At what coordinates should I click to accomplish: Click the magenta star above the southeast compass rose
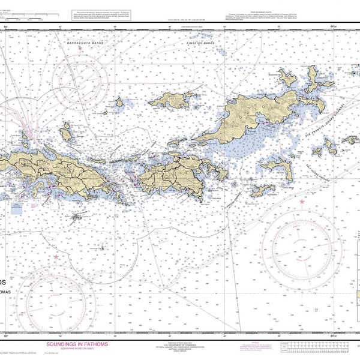pyautogui.click(x=302, y=202)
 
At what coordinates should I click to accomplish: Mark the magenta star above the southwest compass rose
pyautogui.click(x=56, y=257)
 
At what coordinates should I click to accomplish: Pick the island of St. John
pyautogui.click(x=180, y=172)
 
